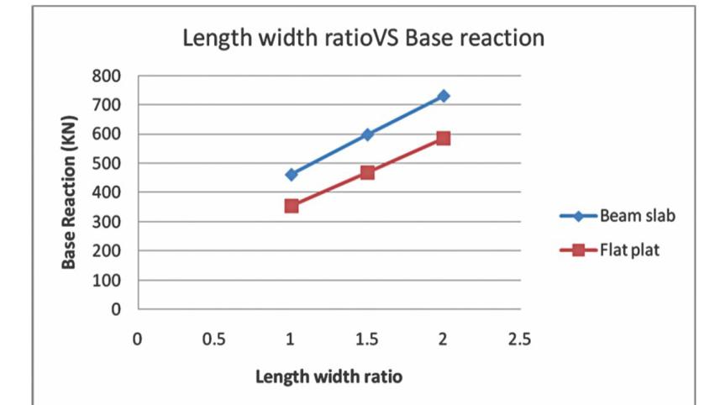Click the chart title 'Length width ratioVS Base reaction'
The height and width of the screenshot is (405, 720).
(364, 39)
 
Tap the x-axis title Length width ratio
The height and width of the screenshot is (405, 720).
(328, 376)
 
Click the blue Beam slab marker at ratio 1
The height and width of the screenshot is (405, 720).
(292, 175)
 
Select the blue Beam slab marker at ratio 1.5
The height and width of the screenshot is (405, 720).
(367, 134)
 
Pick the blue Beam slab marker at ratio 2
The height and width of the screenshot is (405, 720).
(444, 96)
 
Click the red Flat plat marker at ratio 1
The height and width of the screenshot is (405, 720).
(292, 206)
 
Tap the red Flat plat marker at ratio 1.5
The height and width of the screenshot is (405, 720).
(367, 172)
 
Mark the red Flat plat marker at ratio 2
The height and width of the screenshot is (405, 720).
(444, 138)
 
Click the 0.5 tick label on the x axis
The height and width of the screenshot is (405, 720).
(214, 339)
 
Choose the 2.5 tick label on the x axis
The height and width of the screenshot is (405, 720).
(520, 339)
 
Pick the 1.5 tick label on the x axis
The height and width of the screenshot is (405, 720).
(367, 339)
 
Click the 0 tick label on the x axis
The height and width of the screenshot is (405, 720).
(137, 339)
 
